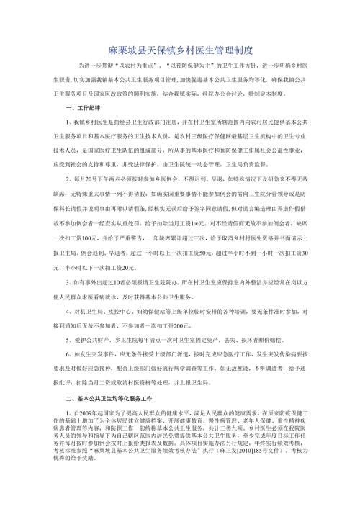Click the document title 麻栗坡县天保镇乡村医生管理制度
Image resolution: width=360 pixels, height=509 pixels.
tap(180, 52)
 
